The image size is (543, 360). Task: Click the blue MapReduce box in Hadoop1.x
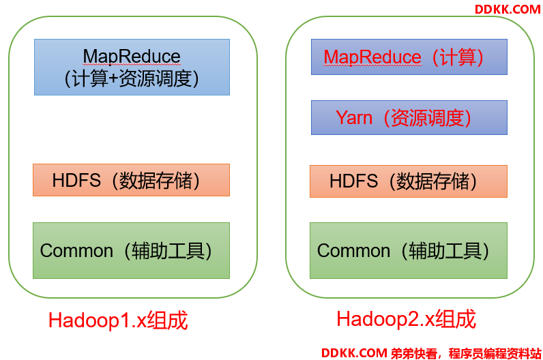point(132,67)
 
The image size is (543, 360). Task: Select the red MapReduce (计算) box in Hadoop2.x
point(409,57)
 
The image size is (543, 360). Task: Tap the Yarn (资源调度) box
point(409,118)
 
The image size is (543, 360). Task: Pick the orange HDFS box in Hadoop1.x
point(131,180)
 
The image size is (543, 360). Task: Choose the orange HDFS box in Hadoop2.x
point(409,181)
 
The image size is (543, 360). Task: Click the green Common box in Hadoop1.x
point(131,251)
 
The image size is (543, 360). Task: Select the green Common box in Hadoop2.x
point(409,251)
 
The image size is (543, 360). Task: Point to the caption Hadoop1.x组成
point(118,320)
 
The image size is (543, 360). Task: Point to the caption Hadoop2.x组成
point(406,319)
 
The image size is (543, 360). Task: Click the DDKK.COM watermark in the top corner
point(508,10)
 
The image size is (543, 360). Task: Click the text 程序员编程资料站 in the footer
point(495,353)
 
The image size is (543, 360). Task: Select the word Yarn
point(354,118)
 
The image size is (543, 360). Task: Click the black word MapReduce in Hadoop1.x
point(132,57)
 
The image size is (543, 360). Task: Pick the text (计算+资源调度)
point(132,78)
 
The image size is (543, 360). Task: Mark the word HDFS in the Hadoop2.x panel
point(353,181)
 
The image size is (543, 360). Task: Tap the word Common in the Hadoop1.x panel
point(76,251)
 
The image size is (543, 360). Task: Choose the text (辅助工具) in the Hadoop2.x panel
point(445,251)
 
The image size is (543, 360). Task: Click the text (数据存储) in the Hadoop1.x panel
point(156,181)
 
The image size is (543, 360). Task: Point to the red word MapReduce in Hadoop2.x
point(372,57)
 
